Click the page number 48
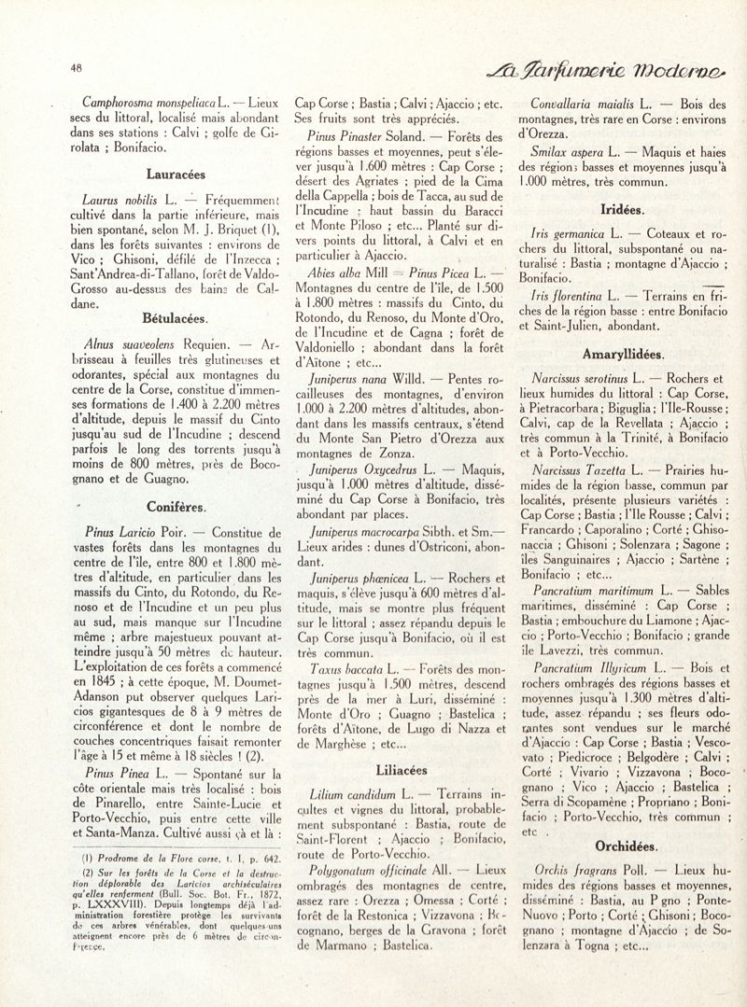click(76, 67)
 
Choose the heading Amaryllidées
click(623, 356)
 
